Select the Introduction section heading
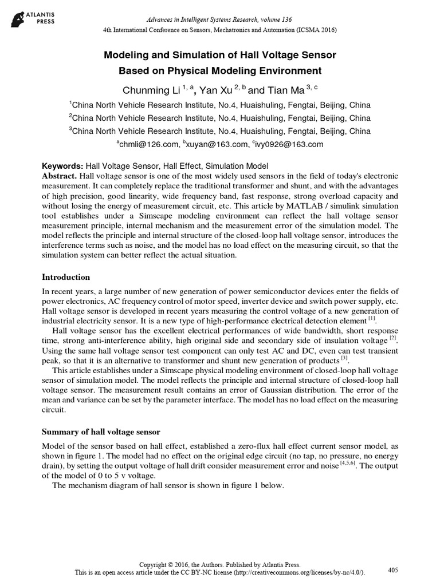tap(66, 277)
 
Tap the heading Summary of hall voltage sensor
tap(101, 431)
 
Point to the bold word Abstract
tap(60, 176)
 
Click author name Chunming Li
tap(147, 90)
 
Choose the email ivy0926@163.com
tap(290, 144)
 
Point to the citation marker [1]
tap(372, 318)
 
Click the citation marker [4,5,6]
tap(345, 464)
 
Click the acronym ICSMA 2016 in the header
tap(312, 30)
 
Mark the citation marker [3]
tap(344, 359)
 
